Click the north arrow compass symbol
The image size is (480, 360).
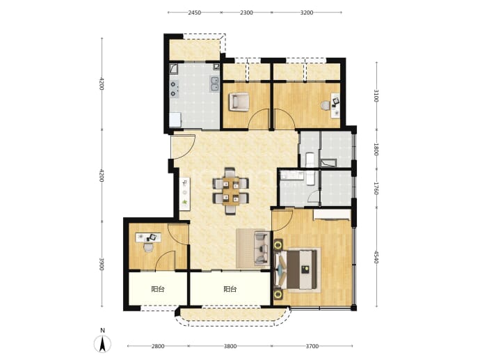point(102,344)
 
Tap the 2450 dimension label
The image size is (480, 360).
point(194,13)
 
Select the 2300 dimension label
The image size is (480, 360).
point(246,13)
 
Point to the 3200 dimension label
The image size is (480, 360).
point(307,13)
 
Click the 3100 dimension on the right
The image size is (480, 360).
point(376,96)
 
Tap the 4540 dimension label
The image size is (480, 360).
point(376,257)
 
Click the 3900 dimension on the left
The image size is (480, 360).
point(102,264)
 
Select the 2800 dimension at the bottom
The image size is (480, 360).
point(158,346)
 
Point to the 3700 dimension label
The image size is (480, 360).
point(312,346)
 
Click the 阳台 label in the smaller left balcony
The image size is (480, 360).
point(158,289)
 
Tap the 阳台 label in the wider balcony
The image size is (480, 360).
point(230,289)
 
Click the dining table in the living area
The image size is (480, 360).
point(231,191)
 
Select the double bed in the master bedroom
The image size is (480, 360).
point(298,269)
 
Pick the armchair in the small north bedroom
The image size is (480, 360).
point(239,102)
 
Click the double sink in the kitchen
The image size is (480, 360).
point(215,84)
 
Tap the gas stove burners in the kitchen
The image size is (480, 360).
point(174,88)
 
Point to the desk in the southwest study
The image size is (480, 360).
point(148,237)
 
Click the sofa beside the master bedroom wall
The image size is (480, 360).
point(262,248)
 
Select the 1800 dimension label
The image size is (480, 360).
point(376,149)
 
